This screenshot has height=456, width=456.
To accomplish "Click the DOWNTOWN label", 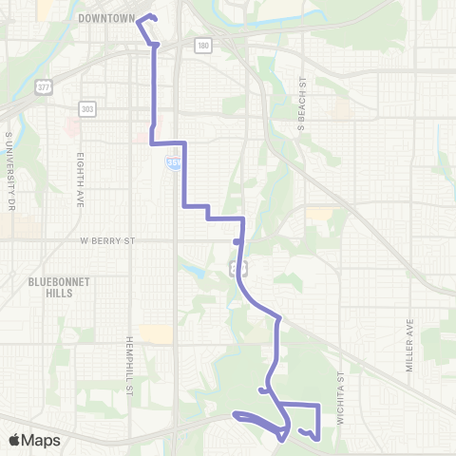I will click(x=105, y=18).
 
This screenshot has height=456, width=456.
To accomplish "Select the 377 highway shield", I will click(x=44, y=86).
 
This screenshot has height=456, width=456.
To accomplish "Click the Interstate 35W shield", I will click(x=172, y=164).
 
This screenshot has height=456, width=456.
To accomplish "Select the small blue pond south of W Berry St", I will click(x=195, y=272).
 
